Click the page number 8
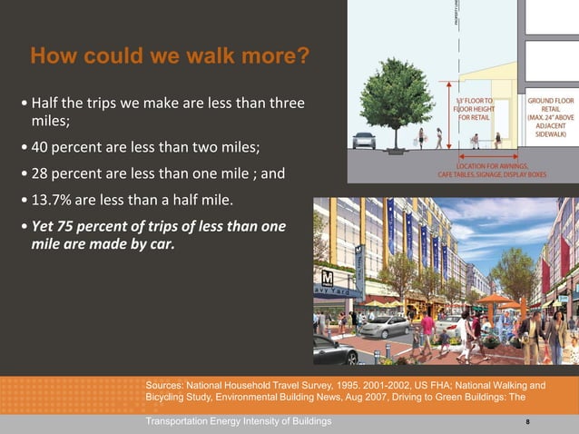527,422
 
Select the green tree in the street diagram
396,94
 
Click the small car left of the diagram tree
364,141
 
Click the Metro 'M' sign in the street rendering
328,276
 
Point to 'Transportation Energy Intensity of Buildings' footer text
238,422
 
